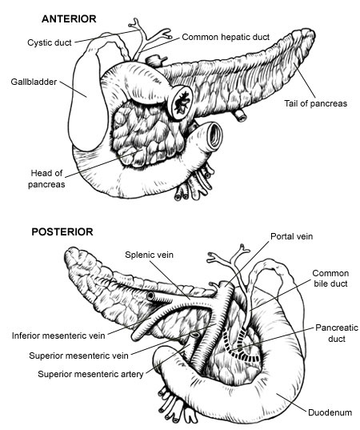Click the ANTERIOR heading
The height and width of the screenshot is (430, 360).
pyautogui.click(x=69, y=19)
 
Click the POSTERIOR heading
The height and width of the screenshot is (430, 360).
pyautogui.click(x=62, y=232)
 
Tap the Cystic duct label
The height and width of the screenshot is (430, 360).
pyautogui.click(x=50, y=42)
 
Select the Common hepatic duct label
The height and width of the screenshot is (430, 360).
pyautogui.click(x=226, y=37)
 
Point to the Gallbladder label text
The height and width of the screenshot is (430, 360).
pyautogui.click(x=34, y=82)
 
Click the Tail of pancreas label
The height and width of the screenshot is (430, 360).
pyautogui.click(x=315, y=103)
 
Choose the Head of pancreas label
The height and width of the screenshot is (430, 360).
pyautogui.click(x=46, y=179)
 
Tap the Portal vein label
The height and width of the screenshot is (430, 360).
pyautogui.click(x=291, y=236)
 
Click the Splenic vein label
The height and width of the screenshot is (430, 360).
pyautogui.click(x=149, y=255)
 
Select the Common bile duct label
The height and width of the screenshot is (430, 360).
pyautogui.click(x=330, y=278)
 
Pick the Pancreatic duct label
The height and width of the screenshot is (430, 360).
pyautogui.click(x=337, y=333)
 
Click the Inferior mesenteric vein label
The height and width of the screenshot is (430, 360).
pyautogui.click(x=58, y=336)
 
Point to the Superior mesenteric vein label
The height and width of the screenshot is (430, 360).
pyautogui.click(x=78, y=356)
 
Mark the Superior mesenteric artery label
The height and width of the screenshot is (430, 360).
pyautogui.click(x=90, y=374)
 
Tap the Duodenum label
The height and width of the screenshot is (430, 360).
pyautogui.click(x=330, y=412)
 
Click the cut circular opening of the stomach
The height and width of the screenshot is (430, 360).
pyautogui.click(x=181, y=102)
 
